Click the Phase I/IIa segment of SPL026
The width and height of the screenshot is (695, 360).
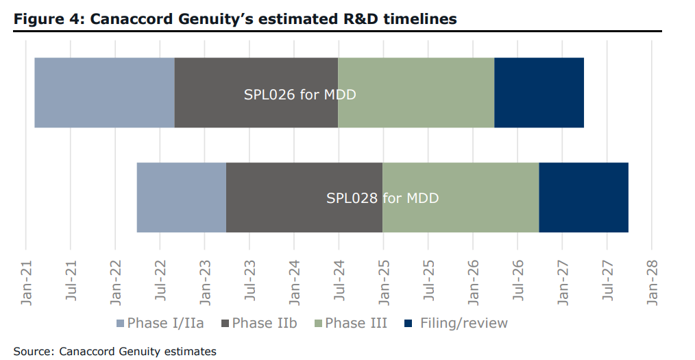(x=104, y=93)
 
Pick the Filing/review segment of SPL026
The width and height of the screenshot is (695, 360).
(x=539, y=93)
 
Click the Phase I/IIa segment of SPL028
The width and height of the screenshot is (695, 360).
(x=181, y=197)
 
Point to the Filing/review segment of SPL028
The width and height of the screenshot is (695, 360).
(x=583, y=197)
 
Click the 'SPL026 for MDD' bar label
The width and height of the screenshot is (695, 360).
(x=300, y=95)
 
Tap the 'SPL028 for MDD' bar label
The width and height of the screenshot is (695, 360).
(x=382, y=199)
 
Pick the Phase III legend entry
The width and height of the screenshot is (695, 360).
(x=350, y=323)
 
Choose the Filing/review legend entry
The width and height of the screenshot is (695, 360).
(x=456, y=323)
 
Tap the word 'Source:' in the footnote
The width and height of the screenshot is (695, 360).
(x=34, y=351)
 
